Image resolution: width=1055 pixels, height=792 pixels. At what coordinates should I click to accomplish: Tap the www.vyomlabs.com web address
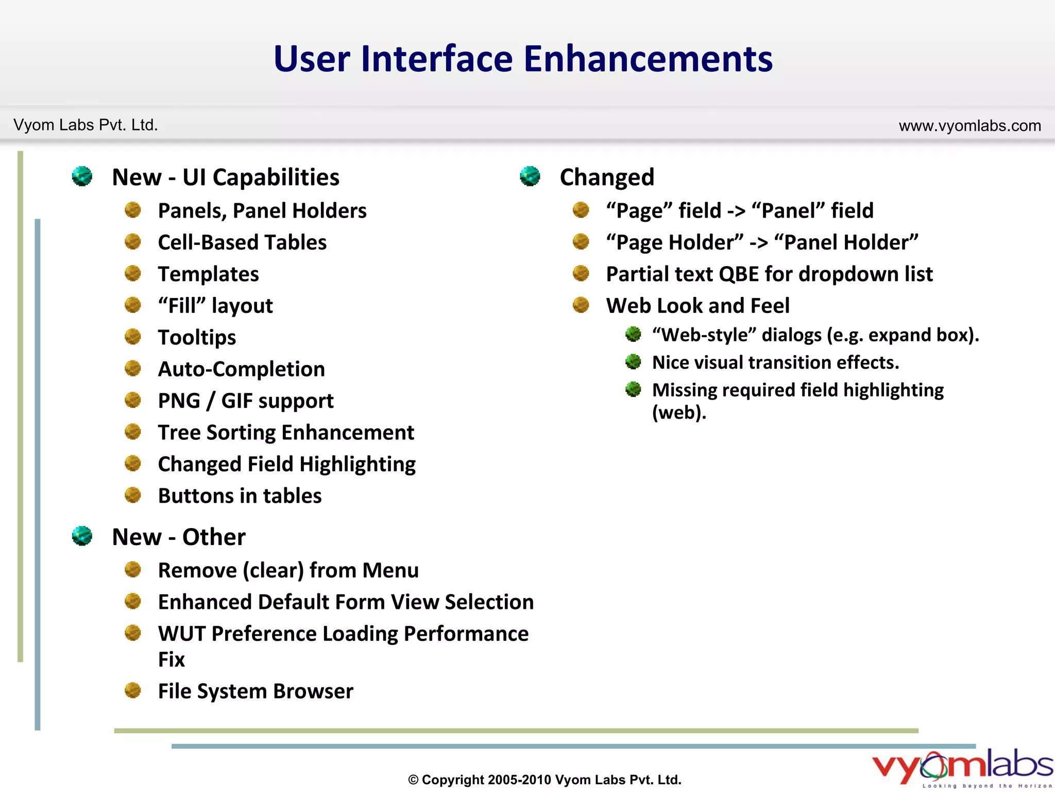(x=969, y=126)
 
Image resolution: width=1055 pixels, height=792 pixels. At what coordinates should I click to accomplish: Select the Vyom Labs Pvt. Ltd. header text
(x=86, y=125)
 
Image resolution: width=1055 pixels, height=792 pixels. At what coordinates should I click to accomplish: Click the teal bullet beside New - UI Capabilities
(x=82, y=176)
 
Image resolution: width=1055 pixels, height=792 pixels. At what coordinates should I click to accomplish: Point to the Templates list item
(x=208, y=274)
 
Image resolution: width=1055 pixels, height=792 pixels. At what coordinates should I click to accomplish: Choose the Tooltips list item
(x=197, y=337)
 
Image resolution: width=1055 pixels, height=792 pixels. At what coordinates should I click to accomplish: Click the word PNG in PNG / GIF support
(x=179, y=401)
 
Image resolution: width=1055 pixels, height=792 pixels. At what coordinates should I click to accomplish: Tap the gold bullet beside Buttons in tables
(x=133, y=495)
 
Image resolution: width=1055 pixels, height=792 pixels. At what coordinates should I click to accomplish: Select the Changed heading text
(x=607, y=177)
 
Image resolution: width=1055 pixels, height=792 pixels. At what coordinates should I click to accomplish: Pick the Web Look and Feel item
(x=697, y=306)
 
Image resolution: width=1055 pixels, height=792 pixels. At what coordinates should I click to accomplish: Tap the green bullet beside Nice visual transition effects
(x=633, y=362)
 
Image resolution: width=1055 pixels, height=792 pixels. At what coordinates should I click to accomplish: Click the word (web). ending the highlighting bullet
(x=679, y=412)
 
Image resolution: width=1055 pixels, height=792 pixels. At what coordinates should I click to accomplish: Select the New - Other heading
(x=179, y=537)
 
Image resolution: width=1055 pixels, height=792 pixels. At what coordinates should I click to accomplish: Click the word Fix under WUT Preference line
(x=171, y=659)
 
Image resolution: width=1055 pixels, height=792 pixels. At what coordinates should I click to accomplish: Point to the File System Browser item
(x=256, y=691)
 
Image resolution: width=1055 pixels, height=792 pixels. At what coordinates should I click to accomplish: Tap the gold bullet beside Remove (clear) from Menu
(x=133, y=570)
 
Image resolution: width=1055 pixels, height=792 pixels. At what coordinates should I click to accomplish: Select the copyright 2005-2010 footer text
(x=544, y=780)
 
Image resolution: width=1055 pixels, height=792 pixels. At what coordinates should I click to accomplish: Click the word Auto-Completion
(x=241, y=369)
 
